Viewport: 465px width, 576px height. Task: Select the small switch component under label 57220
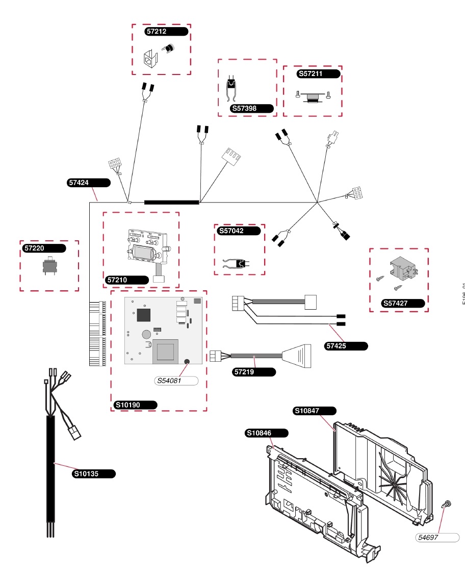click(x=49, y=267)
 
